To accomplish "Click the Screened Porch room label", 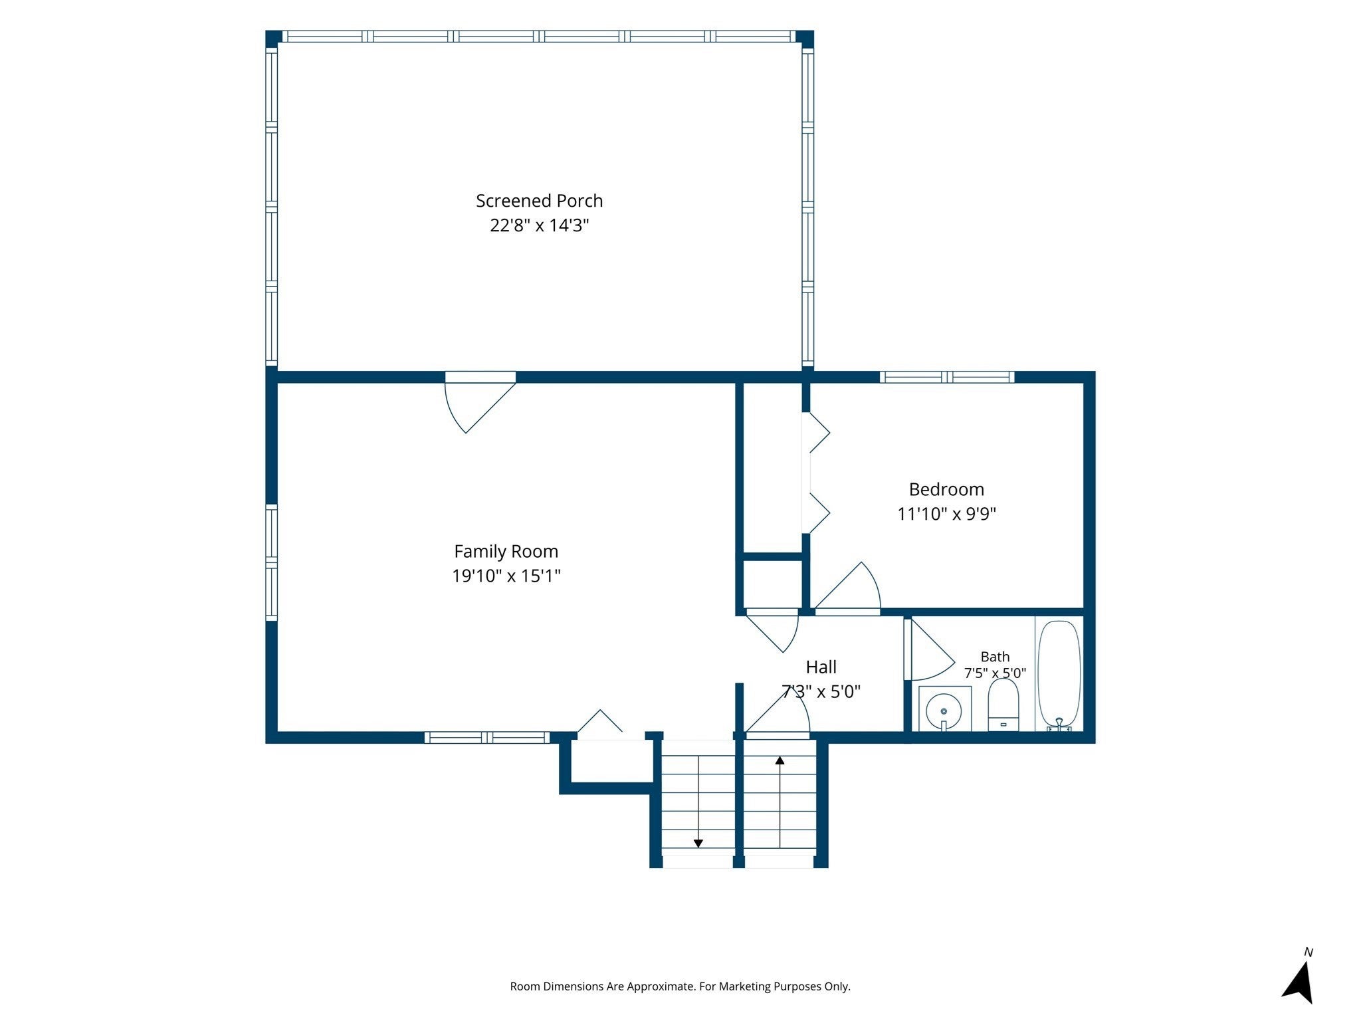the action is pos(539,201).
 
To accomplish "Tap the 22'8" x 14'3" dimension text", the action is pos(540,225).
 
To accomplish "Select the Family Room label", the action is pos(506,551).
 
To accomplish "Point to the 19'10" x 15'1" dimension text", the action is pos(506,576).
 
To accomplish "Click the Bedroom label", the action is pos(946,489).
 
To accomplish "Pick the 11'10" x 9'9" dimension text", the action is pos(946,514).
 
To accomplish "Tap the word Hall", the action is pos(821,667).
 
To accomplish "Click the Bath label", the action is pos(995,657).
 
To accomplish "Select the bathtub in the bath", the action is pos(1059,674).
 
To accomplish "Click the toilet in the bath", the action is pos(1003,705).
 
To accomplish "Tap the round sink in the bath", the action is pos(944,711).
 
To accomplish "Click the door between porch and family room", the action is pos(480,401).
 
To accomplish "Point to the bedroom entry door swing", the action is pos(847,588).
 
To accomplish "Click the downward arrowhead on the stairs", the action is pos(698,844).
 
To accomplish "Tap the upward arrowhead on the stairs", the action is pos(780,760).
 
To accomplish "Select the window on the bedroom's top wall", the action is pos(947,377).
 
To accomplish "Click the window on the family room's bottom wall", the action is pos(487,737).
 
